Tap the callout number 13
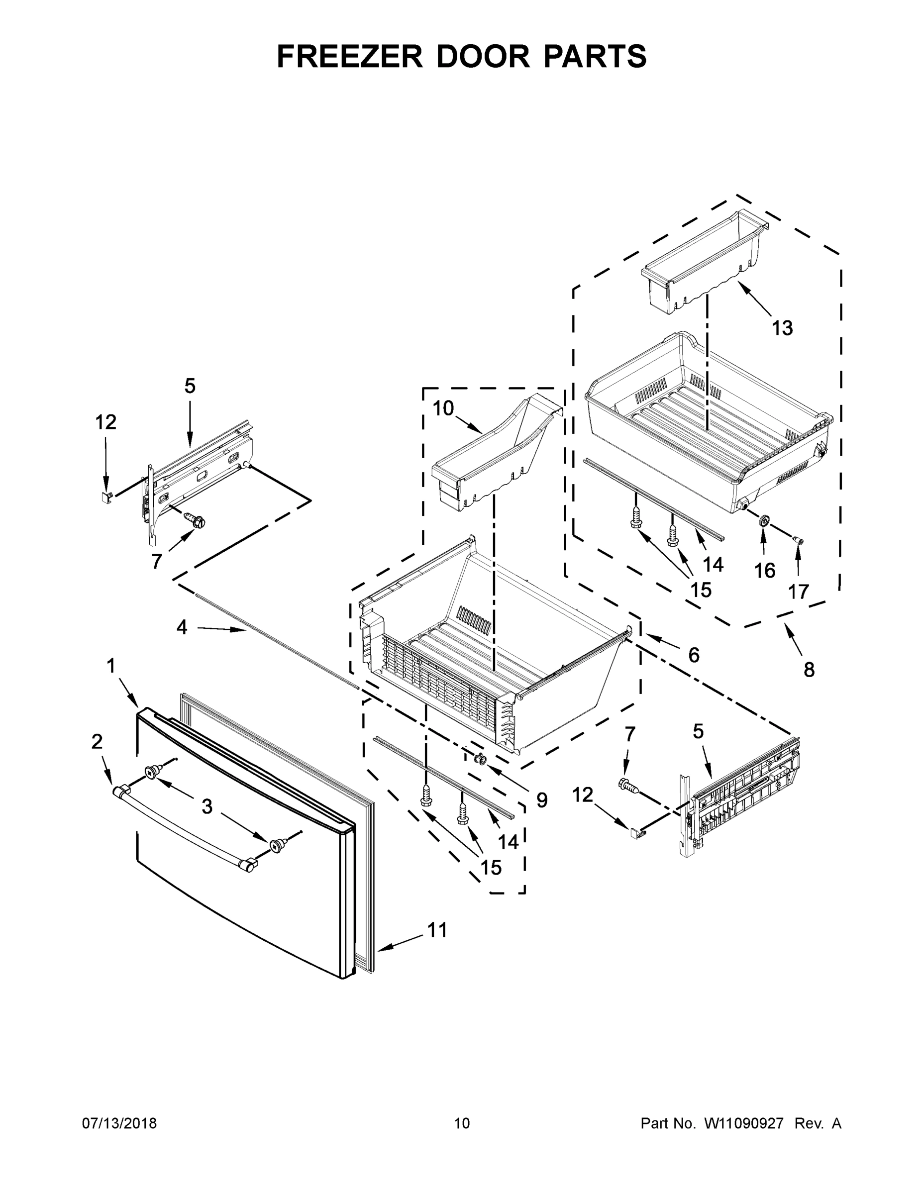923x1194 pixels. pos(782,328)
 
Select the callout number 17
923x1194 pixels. pos(798,592)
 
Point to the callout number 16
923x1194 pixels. pos(764,571)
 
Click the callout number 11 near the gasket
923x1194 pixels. pos(437,930)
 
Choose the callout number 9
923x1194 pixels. pos(541,800)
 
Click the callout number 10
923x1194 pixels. pos(443,408)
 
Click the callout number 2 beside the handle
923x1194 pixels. pos(97,742)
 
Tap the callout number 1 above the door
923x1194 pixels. pos(111,666)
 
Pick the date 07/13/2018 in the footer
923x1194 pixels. pos(119,1123)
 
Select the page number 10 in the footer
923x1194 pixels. pos(462,1123)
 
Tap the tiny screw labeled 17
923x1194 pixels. pos(798,541)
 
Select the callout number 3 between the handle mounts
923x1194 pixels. pos(206,806)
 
